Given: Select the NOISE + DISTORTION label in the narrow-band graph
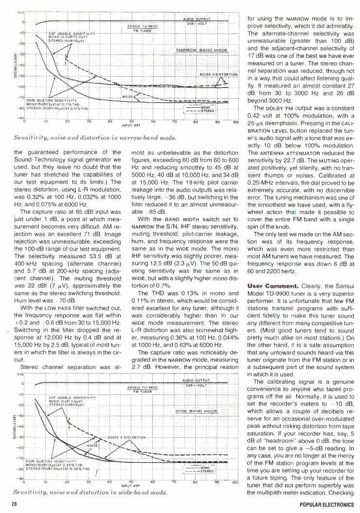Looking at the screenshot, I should coord(218,74).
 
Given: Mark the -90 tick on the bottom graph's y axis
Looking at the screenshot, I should coord(19,478).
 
